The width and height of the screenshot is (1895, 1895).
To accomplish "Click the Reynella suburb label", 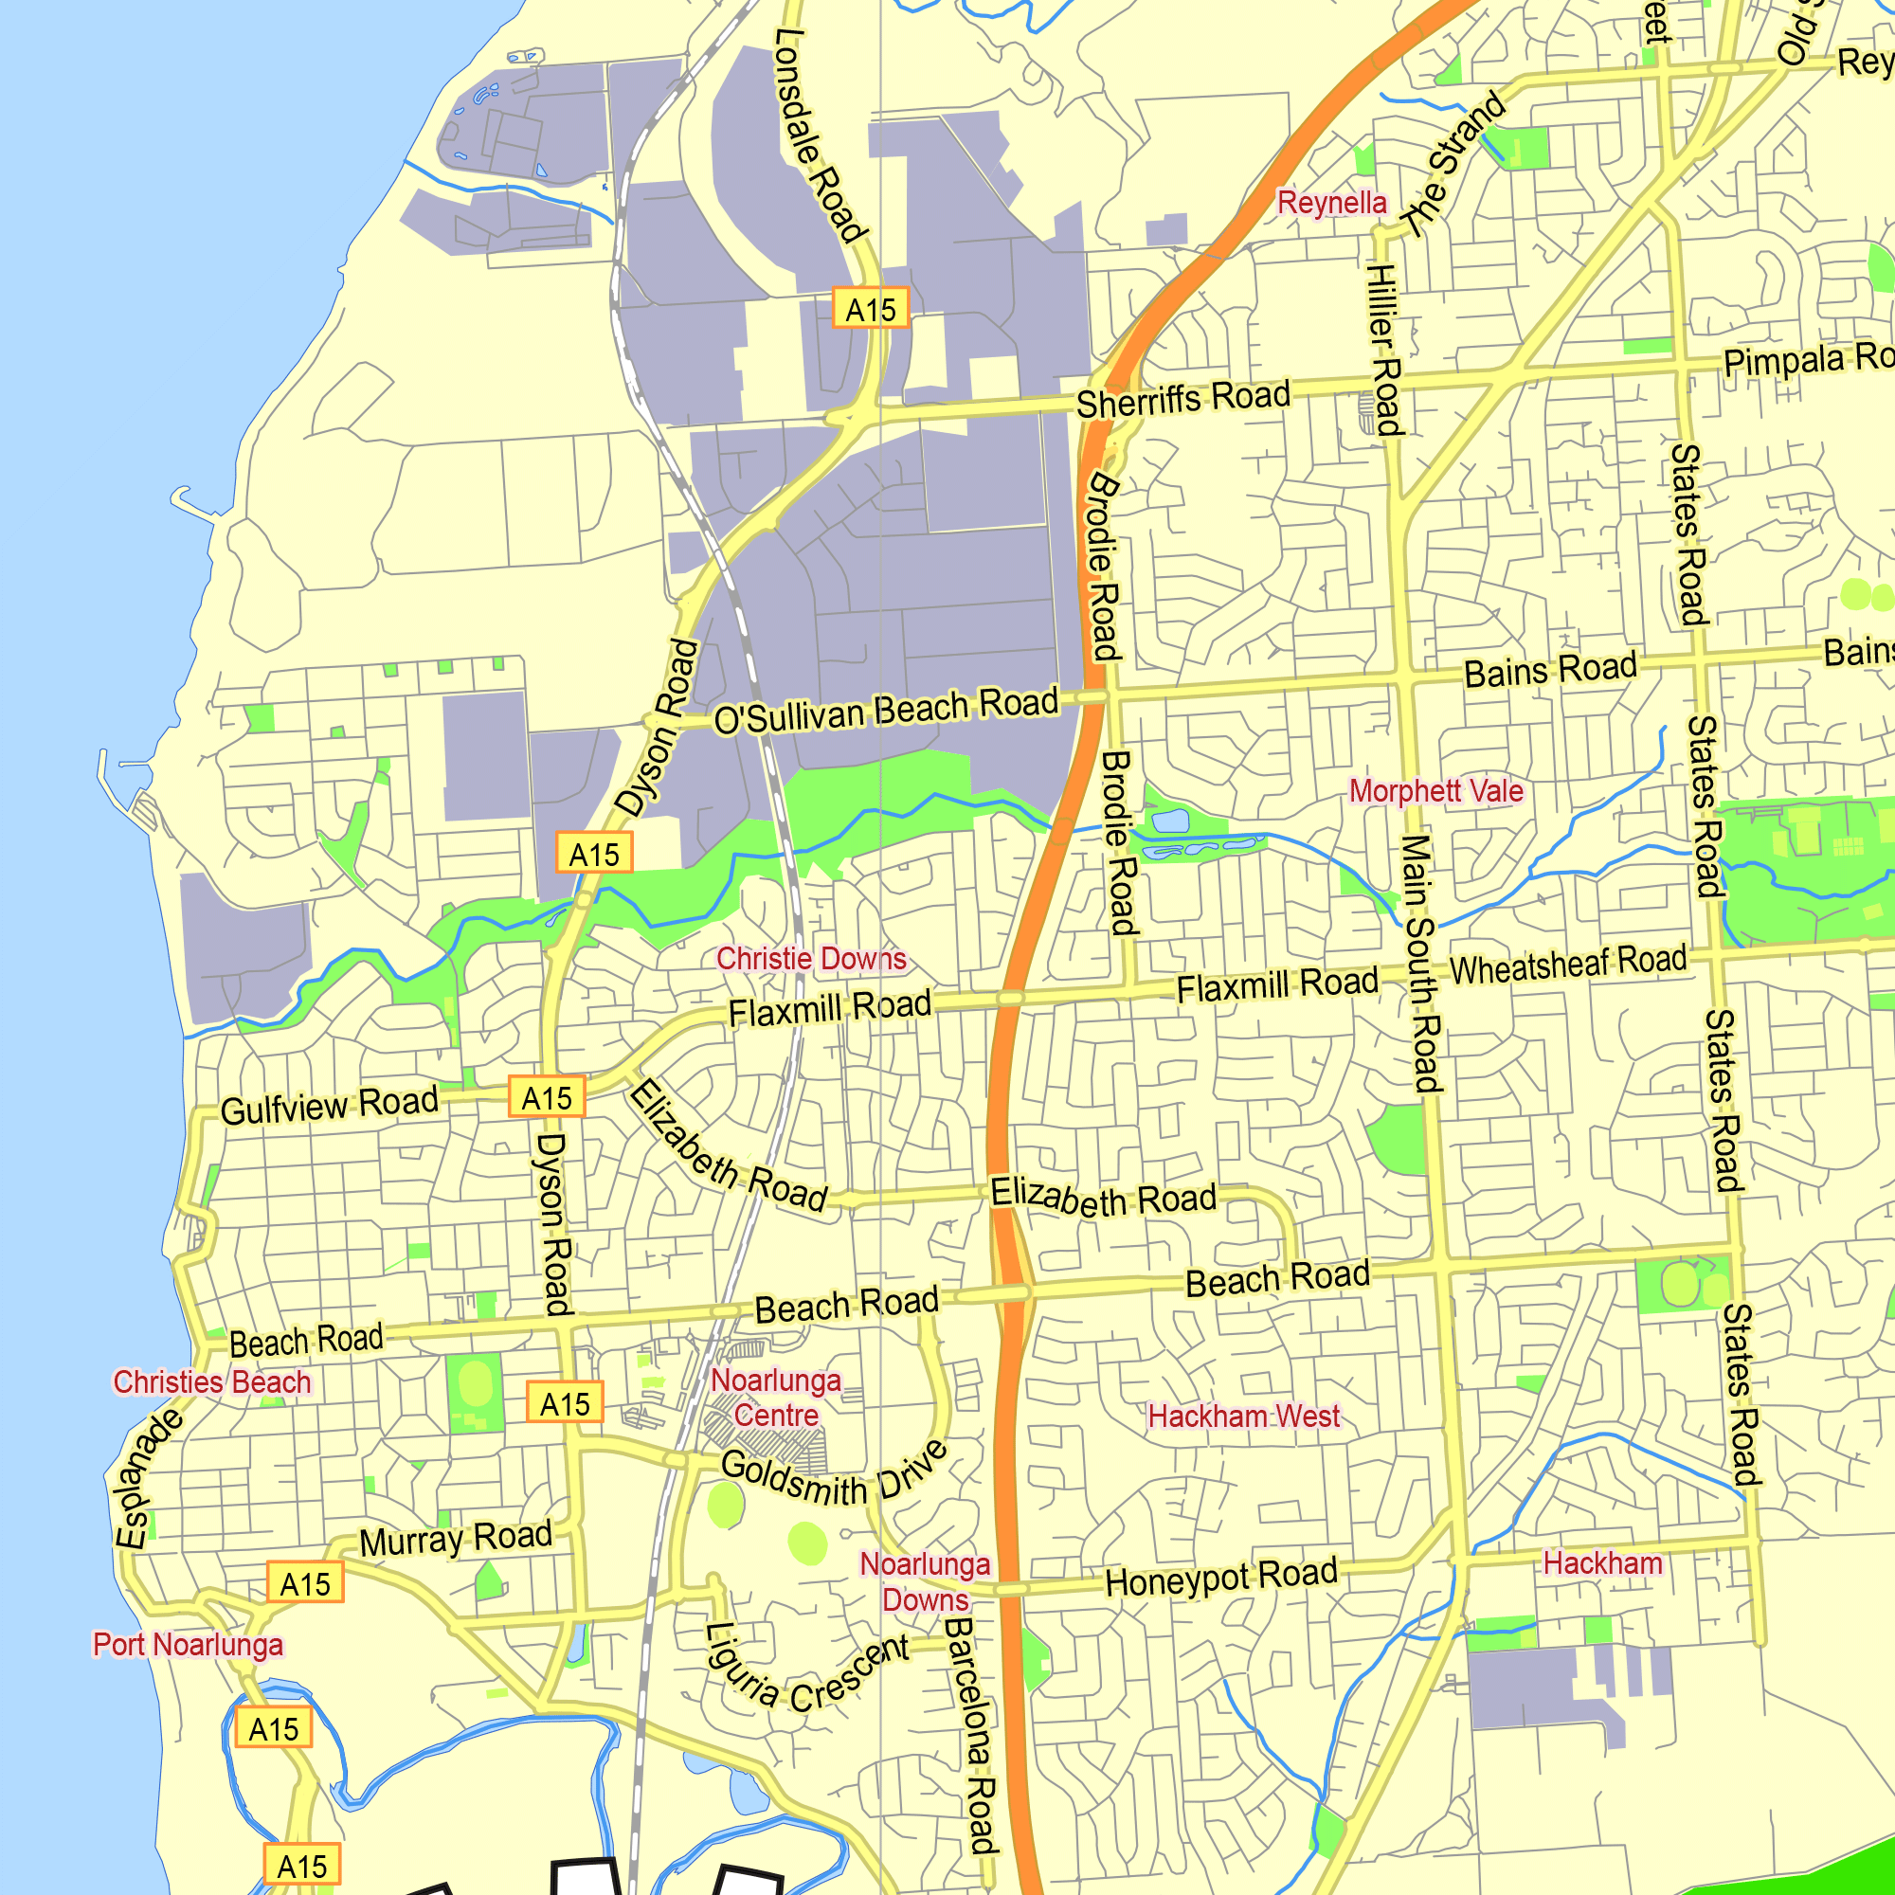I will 1331,203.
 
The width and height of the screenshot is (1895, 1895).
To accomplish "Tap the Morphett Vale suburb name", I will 1436,790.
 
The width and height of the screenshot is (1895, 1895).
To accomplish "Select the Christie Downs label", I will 811,958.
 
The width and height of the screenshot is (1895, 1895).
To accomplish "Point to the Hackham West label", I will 1244,1417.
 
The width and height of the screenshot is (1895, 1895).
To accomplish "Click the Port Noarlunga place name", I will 188,1644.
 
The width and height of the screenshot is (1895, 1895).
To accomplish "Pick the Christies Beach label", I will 212,1382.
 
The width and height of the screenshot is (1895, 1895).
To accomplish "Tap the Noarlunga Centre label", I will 776,1398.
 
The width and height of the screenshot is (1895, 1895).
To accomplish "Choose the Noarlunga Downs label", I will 925,1581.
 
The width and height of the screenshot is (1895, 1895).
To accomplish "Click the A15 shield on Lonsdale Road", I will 870,309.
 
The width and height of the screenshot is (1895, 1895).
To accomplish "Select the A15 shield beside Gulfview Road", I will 547,1096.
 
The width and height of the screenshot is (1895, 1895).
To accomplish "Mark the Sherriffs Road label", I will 1182,399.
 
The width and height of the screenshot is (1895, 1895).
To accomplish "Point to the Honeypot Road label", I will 1221,1578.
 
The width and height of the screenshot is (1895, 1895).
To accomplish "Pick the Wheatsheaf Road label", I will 1567,965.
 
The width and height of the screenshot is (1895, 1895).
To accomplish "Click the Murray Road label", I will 455,1538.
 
